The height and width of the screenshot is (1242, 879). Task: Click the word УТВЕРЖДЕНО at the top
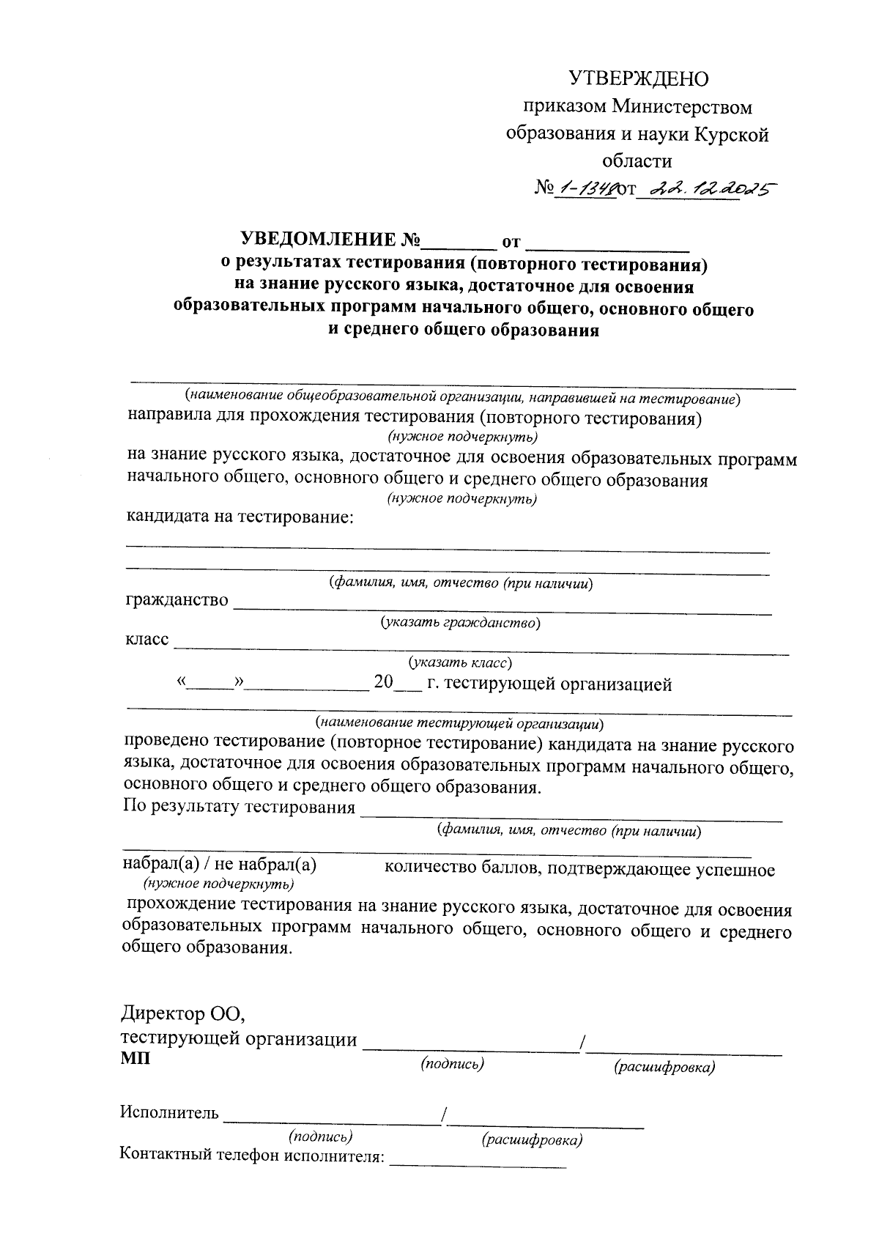tap(639, 78)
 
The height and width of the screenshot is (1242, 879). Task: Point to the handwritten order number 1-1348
tap(585, 190)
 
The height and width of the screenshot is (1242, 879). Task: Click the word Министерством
tap(682, 107)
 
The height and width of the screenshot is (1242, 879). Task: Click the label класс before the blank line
tap(147, 640)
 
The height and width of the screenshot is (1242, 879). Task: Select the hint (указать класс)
tap(460, 662)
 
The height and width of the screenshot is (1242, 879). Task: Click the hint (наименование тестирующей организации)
tap(460, 723)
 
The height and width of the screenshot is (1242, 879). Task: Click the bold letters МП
tap(135, 1059)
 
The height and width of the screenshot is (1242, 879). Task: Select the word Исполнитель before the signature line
tap(169, 1113)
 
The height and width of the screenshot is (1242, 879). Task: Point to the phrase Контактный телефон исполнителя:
tap(252, 1156)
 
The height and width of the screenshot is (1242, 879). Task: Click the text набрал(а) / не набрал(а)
tap(219, 865)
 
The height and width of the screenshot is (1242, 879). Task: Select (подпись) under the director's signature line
tap(452, 1063)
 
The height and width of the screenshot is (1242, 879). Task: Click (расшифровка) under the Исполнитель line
tap(532, 1140)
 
